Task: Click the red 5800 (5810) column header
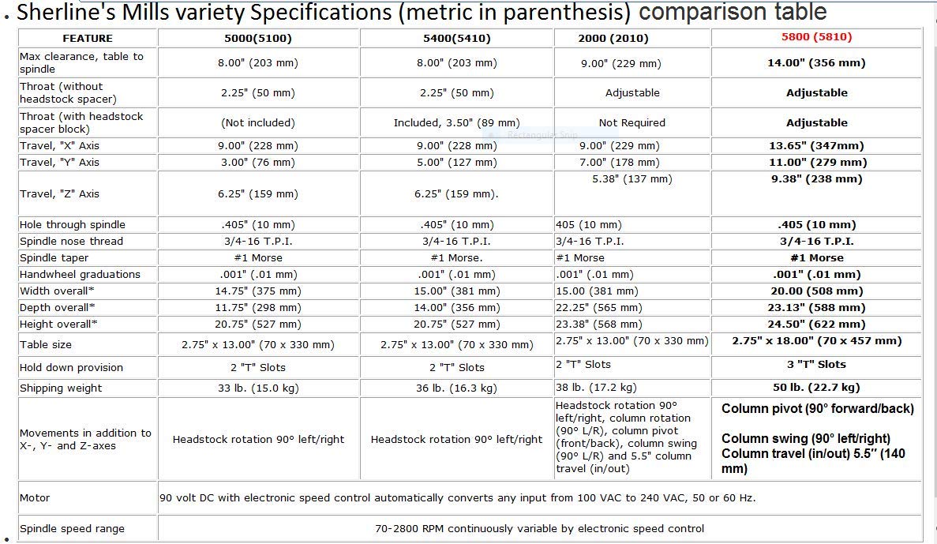click(816, 37)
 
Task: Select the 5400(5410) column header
click(456, 38)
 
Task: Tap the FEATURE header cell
click(88, 38)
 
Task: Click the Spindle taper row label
click(54, 258)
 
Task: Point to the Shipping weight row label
click(61, 388)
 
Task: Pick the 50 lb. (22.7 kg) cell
click(816, 387)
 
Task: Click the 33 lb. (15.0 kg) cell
click(257, 388)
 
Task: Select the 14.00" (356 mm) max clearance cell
click(816, 63)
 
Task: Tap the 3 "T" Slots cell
click(816, 364)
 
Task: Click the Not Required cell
click(632, 122)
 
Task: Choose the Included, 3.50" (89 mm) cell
click(456, 122)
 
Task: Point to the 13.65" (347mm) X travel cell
click(816, 145)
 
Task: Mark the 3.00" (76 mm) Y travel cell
click(257, 162)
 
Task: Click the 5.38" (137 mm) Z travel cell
click(632, 179)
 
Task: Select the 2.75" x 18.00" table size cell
click(816, 341)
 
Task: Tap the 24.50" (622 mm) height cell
click(816, 324)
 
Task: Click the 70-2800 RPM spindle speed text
click(539, 528)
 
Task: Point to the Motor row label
click(35, 497)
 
